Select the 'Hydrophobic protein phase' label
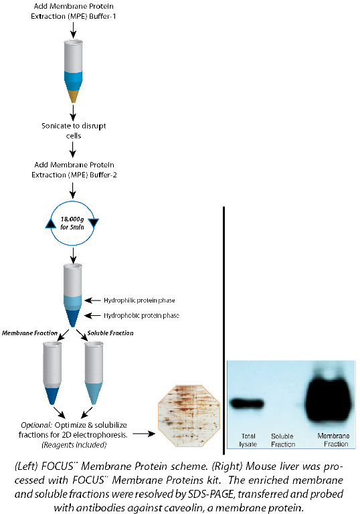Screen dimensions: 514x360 141,315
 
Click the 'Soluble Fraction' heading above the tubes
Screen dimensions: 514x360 110,333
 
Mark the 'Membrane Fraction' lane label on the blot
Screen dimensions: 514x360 331,440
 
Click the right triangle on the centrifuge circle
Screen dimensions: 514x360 94,223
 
